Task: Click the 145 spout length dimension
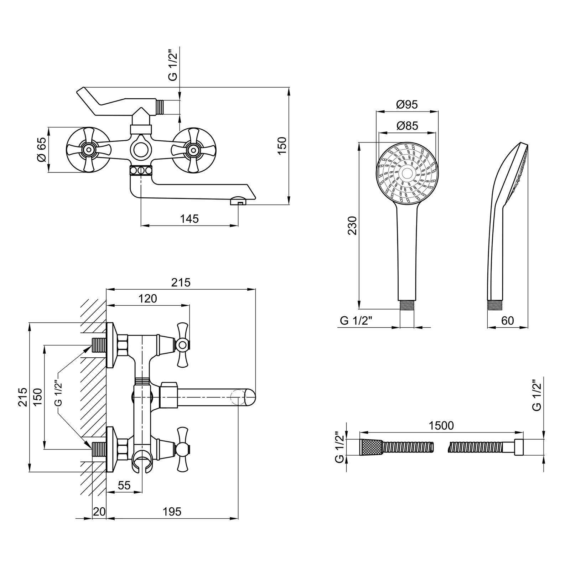click(189, 218)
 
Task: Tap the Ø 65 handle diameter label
click(42, 150)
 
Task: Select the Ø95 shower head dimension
click(406, 104)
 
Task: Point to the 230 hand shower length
click(352, 225)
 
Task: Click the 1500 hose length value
click(441, 426)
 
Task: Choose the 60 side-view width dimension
click(507, 321)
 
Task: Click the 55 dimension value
click(124, 485)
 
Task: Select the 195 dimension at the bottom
click(172, 512)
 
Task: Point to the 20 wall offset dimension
click(99, 512)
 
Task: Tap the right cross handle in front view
click(193, 150)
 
